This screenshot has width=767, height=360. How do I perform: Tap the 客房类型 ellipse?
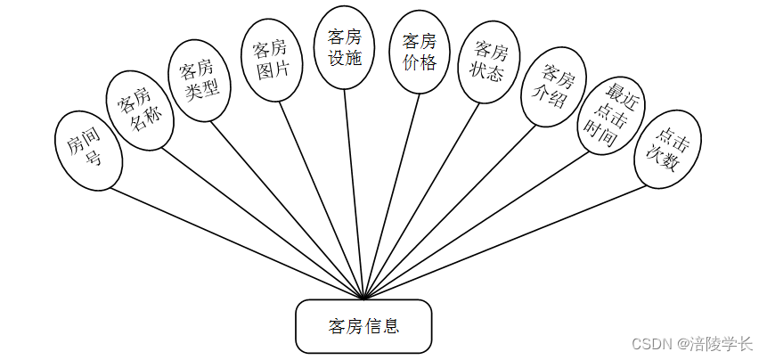point(200,79)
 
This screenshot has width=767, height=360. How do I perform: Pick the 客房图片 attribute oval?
point(269,59)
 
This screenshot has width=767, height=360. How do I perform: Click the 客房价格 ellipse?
point(419,52)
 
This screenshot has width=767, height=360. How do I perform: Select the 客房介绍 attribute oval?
point(553,86)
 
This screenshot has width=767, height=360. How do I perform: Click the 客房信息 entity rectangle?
point(363,325)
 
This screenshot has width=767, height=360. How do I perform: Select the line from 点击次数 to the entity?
point(508,241)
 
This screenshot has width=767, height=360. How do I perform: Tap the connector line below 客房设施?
point(354,196)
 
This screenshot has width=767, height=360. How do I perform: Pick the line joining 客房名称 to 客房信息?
point(258,218)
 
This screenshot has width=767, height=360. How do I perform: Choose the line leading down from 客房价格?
point(392,196)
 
